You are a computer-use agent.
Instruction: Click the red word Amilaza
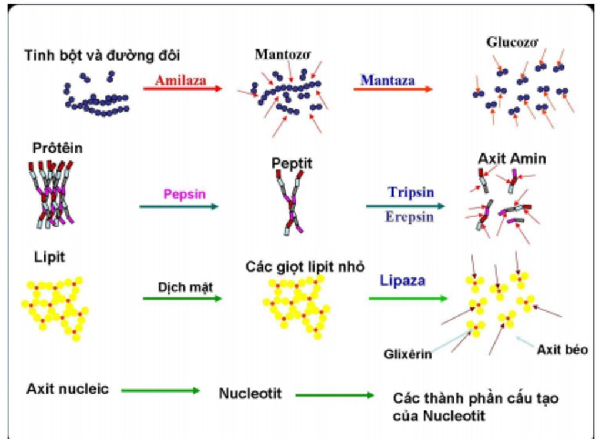(x=180, y=80)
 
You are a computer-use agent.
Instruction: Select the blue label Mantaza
(x=387, y=80)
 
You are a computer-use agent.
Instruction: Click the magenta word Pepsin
(x=185, y=193)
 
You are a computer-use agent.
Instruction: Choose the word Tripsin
(x=411, y=192)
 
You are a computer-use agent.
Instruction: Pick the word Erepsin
(x=410, y=216)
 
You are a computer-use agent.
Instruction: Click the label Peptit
(x=292, y=163)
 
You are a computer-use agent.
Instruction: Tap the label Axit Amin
(x=511, y=159)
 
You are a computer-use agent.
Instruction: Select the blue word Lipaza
(x=402, y=280)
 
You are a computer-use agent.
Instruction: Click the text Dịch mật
(x=185, y=287)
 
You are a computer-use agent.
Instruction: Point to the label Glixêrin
(x=408, y=354)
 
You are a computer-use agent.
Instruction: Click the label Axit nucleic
(x=68, y=389)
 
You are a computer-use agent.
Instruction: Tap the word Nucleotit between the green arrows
(x=250, y=393)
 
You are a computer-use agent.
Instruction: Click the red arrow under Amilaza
(x=182, y=89)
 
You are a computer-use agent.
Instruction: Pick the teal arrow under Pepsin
(x=179, y=206)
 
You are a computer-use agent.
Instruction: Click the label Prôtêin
(x=56, y=148)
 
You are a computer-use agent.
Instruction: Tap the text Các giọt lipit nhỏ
(x=305, y=266)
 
